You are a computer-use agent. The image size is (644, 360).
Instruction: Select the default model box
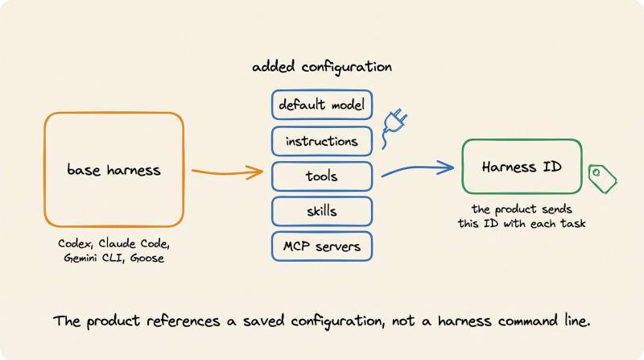(x=321, y=105)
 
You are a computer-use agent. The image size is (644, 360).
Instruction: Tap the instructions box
(x=321, y=142)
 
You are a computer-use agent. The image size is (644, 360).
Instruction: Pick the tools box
(x=321, y=176)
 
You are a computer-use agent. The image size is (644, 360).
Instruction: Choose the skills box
(x=321, y=211)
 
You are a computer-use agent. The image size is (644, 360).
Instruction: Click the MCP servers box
(x=321, y=246)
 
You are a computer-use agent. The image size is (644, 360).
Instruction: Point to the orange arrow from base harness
(x=227, y=172)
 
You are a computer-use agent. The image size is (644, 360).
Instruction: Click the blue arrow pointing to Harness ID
(x=417, y=168)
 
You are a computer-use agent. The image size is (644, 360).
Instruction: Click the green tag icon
(x=602, y=179)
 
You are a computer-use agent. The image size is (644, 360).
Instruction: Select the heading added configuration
(x=321, y=67)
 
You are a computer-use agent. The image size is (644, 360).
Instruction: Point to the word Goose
(x=147, y=258)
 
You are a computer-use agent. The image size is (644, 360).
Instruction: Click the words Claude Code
(x=134, y=243)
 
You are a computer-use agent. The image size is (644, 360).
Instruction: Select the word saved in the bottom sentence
(x=263, y=321)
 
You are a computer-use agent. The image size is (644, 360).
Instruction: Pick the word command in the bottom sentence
(x=528, y=321)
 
